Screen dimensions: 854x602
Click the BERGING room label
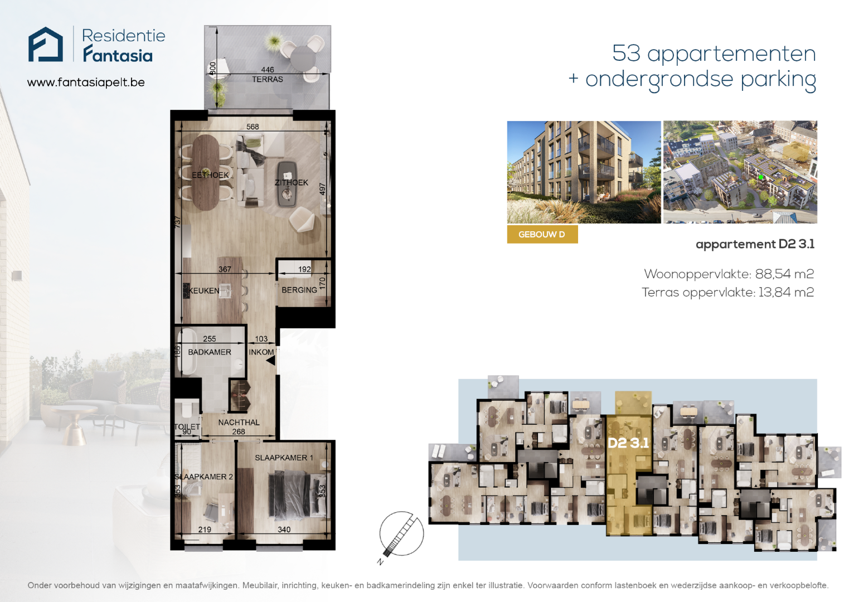click(299, 290)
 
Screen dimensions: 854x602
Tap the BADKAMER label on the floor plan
click(210, 352)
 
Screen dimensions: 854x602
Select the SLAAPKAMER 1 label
click(284, 458)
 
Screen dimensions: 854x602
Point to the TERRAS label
click(267, 79)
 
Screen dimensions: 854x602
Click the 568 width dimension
click(253, 127)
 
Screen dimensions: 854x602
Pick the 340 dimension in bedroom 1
click(284, 530)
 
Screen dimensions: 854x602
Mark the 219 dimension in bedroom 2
click(205, 530)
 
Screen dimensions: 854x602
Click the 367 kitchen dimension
click(225, 269)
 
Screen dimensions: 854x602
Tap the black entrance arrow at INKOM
click(271, 361)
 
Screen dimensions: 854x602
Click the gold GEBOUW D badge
click(542, 234)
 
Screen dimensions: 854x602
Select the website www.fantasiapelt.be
click(86, 82)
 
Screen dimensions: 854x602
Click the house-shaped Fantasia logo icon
click(45, 44)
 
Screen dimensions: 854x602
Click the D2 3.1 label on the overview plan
click(628, 443)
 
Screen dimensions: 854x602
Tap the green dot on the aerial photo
click(760, 177)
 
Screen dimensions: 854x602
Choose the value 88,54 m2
click(784, 274)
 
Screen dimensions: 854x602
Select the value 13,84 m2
click(786, 293)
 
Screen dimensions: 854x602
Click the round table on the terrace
click(303, 59)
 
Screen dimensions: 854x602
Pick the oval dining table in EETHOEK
click(206, 172)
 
